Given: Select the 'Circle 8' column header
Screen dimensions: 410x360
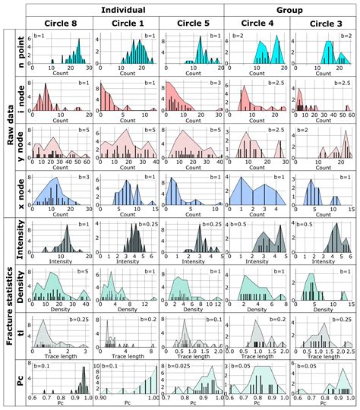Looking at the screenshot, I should (x=58, y=23).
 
